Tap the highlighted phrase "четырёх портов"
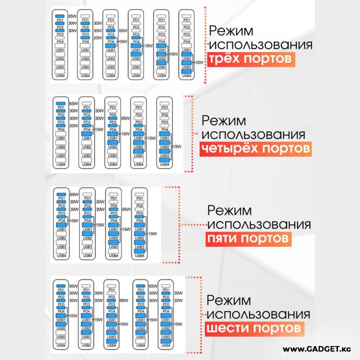click(x=255, y=148)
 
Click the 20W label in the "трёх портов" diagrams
click(x=97, y=38)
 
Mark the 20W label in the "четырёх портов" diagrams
click(x=73, y=126)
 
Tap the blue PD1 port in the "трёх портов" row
click(x=60, y=17)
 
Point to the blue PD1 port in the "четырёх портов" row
click(x=61, y=104)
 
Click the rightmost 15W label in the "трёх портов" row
click(x=198, y=61)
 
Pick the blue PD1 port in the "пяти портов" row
click(x=61, y=194)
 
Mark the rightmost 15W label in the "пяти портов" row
click(x=152, y=233)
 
